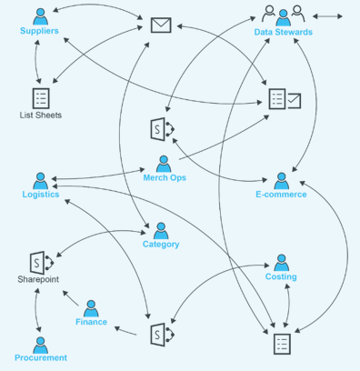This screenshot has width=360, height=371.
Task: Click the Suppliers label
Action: pos(39,32)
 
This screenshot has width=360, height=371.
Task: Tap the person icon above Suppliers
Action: pos(39,15)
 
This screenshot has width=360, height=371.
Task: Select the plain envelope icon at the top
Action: pos(161,25)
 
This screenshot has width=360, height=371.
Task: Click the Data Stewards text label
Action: pos(283,32)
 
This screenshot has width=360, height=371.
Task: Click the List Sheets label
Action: pos(40,115)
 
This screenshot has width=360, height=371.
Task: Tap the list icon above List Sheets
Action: pos(40,97)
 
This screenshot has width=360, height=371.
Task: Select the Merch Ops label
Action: pos(165,178)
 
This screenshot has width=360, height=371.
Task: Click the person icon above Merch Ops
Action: pos(165,163)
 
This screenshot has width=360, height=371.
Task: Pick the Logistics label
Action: pos(41,196)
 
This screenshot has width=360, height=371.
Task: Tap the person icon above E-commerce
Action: pos(282,180)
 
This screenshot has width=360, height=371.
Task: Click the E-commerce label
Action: pos(282,196)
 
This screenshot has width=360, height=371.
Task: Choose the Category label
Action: pos(161,244)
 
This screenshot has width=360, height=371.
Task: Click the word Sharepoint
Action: pos(38,280)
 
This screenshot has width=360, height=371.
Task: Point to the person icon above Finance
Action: pos(91,307)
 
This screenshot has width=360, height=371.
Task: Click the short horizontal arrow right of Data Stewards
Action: pos(327,15)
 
